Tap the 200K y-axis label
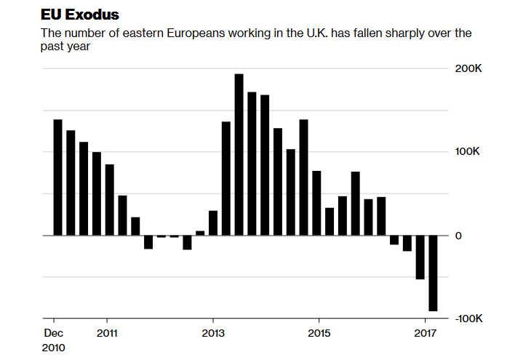pyautogui.click(x=468, y=69)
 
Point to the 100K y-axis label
pyautogui.click(x=468, y=153)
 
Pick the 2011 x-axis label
pyautogui.click(x=107, y=332)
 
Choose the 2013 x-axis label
pyautogui.click(x=212, y=332)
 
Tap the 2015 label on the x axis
pyautogui.click(x=318, y=332)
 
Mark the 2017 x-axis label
pyautogui.click(x=424, y=332)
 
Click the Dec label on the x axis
pyautogui.click(x=54, y=332)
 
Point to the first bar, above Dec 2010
pyautogui.click(x=57, y=177)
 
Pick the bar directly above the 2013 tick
pyautogui.click(x=212, y=223)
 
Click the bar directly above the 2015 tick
pyautogui.click(x=317, y=203)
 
